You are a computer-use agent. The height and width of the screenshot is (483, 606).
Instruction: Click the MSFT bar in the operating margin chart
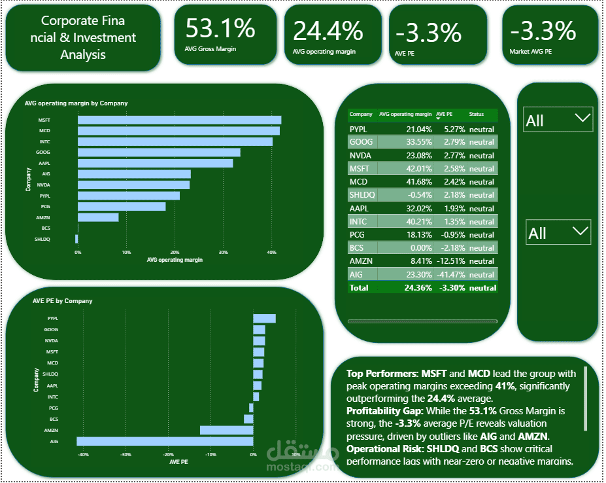pyautogui.click(x=179, y=120)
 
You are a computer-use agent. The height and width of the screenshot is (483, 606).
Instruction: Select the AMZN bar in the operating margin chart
pyautogui.click(x=98, y=217)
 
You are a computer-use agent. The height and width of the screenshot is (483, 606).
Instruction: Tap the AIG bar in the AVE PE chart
pyautogui.click(x=165, y=441)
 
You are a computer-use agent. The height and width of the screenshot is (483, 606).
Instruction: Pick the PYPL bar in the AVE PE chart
pyautogui.click(x=264, y=319)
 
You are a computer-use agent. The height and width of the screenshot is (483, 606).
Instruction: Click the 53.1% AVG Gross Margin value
pyautogui.click(x=220, y=29)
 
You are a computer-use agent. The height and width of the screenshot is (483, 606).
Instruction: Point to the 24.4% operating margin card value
pyautogui.click(x=328, y=31)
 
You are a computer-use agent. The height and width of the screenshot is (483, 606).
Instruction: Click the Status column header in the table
pyautogui.click(x=477, y=115)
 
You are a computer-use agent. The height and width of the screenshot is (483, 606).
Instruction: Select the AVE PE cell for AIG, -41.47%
pyautogui.click(x=451, y=275)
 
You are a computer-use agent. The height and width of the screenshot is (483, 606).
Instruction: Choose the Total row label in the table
pyautogui.click(x=359, y=288)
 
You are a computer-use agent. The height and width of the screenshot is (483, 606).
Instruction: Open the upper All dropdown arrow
pyautogui.click(x=581, y=118)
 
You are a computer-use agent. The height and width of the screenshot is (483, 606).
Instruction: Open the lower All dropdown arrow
pyautogui.click(x=580, y=231)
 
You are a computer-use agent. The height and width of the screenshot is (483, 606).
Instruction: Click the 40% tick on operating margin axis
pyautogui.click(x=271, y=252)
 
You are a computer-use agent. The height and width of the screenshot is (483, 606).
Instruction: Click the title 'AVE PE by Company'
pyautogui.click(x=62, y=301)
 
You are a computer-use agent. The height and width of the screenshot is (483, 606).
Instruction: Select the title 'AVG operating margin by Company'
pyautogui.click(x=76, y=103)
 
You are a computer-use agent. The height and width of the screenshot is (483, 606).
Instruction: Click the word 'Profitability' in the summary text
pyautogui.click(x=373, y=411)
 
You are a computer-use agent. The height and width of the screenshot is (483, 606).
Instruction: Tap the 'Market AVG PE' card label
pyautogui.click(x=530, y=50)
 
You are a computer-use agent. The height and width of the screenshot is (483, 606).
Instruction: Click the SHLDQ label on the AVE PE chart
pyautogui.click(x=51, y=374)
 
